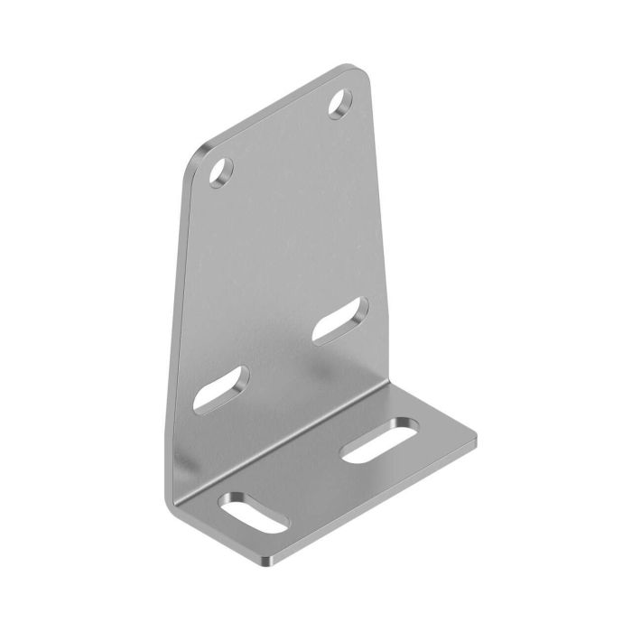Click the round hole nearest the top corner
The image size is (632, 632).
(x=340, y=104)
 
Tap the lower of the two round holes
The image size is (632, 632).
(x=221, y=171)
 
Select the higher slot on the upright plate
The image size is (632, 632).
(x=340, y=320)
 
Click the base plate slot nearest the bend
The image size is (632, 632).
(x=380, y=441)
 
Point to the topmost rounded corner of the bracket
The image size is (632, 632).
(x=357, y=70)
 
